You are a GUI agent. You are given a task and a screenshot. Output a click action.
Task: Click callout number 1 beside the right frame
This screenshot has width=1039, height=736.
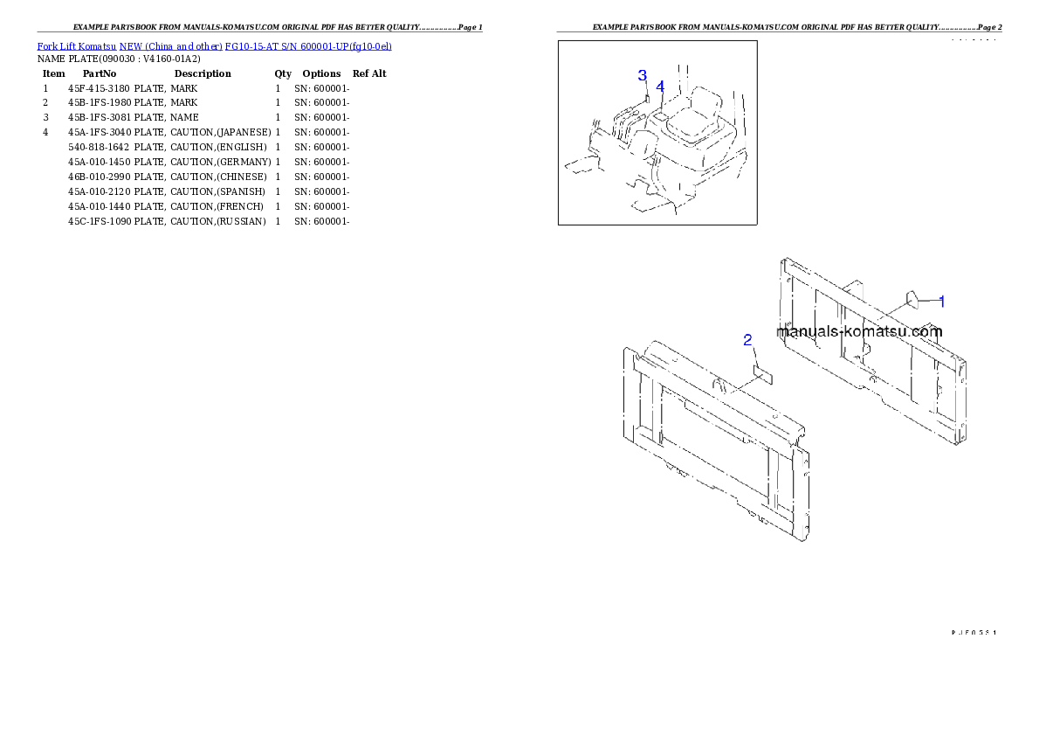[941, 301]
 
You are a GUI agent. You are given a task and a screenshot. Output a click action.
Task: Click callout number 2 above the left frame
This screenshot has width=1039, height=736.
[747, 340]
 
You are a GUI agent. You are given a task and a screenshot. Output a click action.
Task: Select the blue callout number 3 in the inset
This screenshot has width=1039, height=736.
[642, 75]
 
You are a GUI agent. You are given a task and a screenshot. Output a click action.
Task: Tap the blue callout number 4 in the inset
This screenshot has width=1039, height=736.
[660, 86]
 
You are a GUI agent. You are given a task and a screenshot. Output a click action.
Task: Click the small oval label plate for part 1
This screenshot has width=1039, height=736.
[911, 300]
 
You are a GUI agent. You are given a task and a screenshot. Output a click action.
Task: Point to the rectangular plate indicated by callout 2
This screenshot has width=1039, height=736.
[764, 375]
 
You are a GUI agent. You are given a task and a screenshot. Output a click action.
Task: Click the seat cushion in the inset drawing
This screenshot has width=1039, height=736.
[689, 130]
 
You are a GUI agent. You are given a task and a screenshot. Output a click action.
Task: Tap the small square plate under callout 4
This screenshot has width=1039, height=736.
[661, 115]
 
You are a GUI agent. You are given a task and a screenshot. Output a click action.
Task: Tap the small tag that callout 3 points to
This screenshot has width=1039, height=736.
[647, 99]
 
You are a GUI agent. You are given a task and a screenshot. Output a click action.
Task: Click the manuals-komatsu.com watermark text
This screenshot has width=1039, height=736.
[859, 331]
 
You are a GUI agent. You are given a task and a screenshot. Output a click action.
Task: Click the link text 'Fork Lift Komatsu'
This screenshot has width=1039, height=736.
[77, 45]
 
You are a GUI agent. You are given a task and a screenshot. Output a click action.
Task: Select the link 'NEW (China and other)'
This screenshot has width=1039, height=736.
[170, 45]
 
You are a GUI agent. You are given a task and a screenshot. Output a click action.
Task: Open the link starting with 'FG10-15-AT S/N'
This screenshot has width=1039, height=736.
[307, 45]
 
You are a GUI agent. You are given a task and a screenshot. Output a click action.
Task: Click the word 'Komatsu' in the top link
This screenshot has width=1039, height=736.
[98, 45]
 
